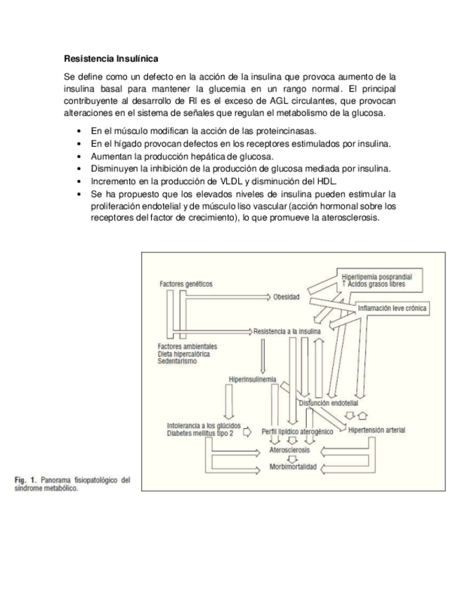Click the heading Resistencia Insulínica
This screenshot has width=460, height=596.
pos(111,58)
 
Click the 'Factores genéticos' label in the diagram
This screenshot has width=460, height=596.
pos(186,284)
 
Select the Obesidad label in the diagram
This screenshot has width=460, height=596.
pos(287,297)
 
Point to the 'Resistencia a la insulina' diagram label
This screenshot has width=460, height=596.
pos(288,330)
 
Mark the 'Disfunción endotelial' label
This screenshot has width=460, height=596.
pos(329,403)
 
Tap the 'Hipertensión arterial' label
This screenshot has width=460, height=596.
pos(376,430)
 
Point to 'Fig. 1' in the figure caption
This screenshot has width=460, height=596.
pos(27,481)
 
